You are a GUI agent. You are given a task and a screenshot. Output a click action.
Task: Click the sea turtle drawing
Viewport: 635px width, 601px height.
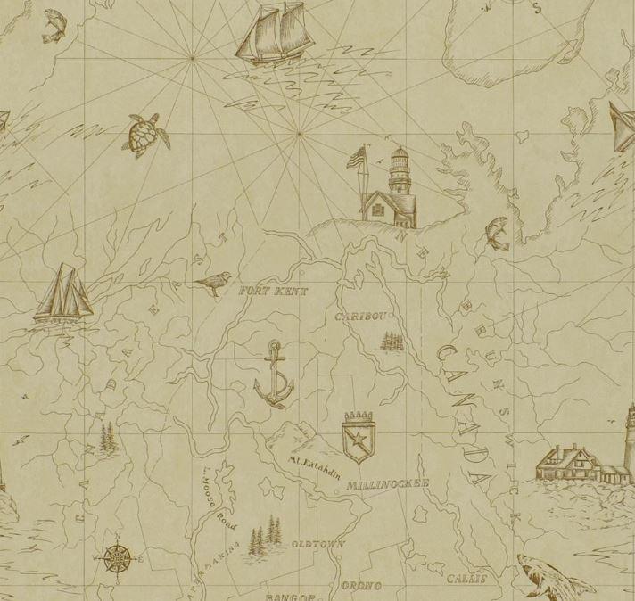click(x=142, y=135)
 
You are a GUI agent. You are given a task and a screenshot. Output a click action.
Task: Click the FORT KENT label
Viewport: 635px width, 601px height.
click(x=274, y=292)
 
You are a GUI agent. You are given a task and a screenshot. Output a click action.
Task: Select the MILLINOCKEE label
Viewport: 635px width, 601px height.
click(x=390, y=484)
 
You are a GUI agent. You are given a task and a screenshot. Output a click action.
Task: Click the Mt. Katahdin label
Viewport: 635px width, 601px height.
click(x=314, y=470)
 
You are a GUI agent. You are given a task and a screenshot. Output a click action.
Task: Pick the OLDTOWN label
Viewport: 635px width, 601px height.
click(x=317, y=542)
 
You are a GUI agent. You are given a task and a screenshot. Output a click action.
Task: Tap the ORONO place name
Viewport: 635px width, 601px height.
click(x=361, y=585)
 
